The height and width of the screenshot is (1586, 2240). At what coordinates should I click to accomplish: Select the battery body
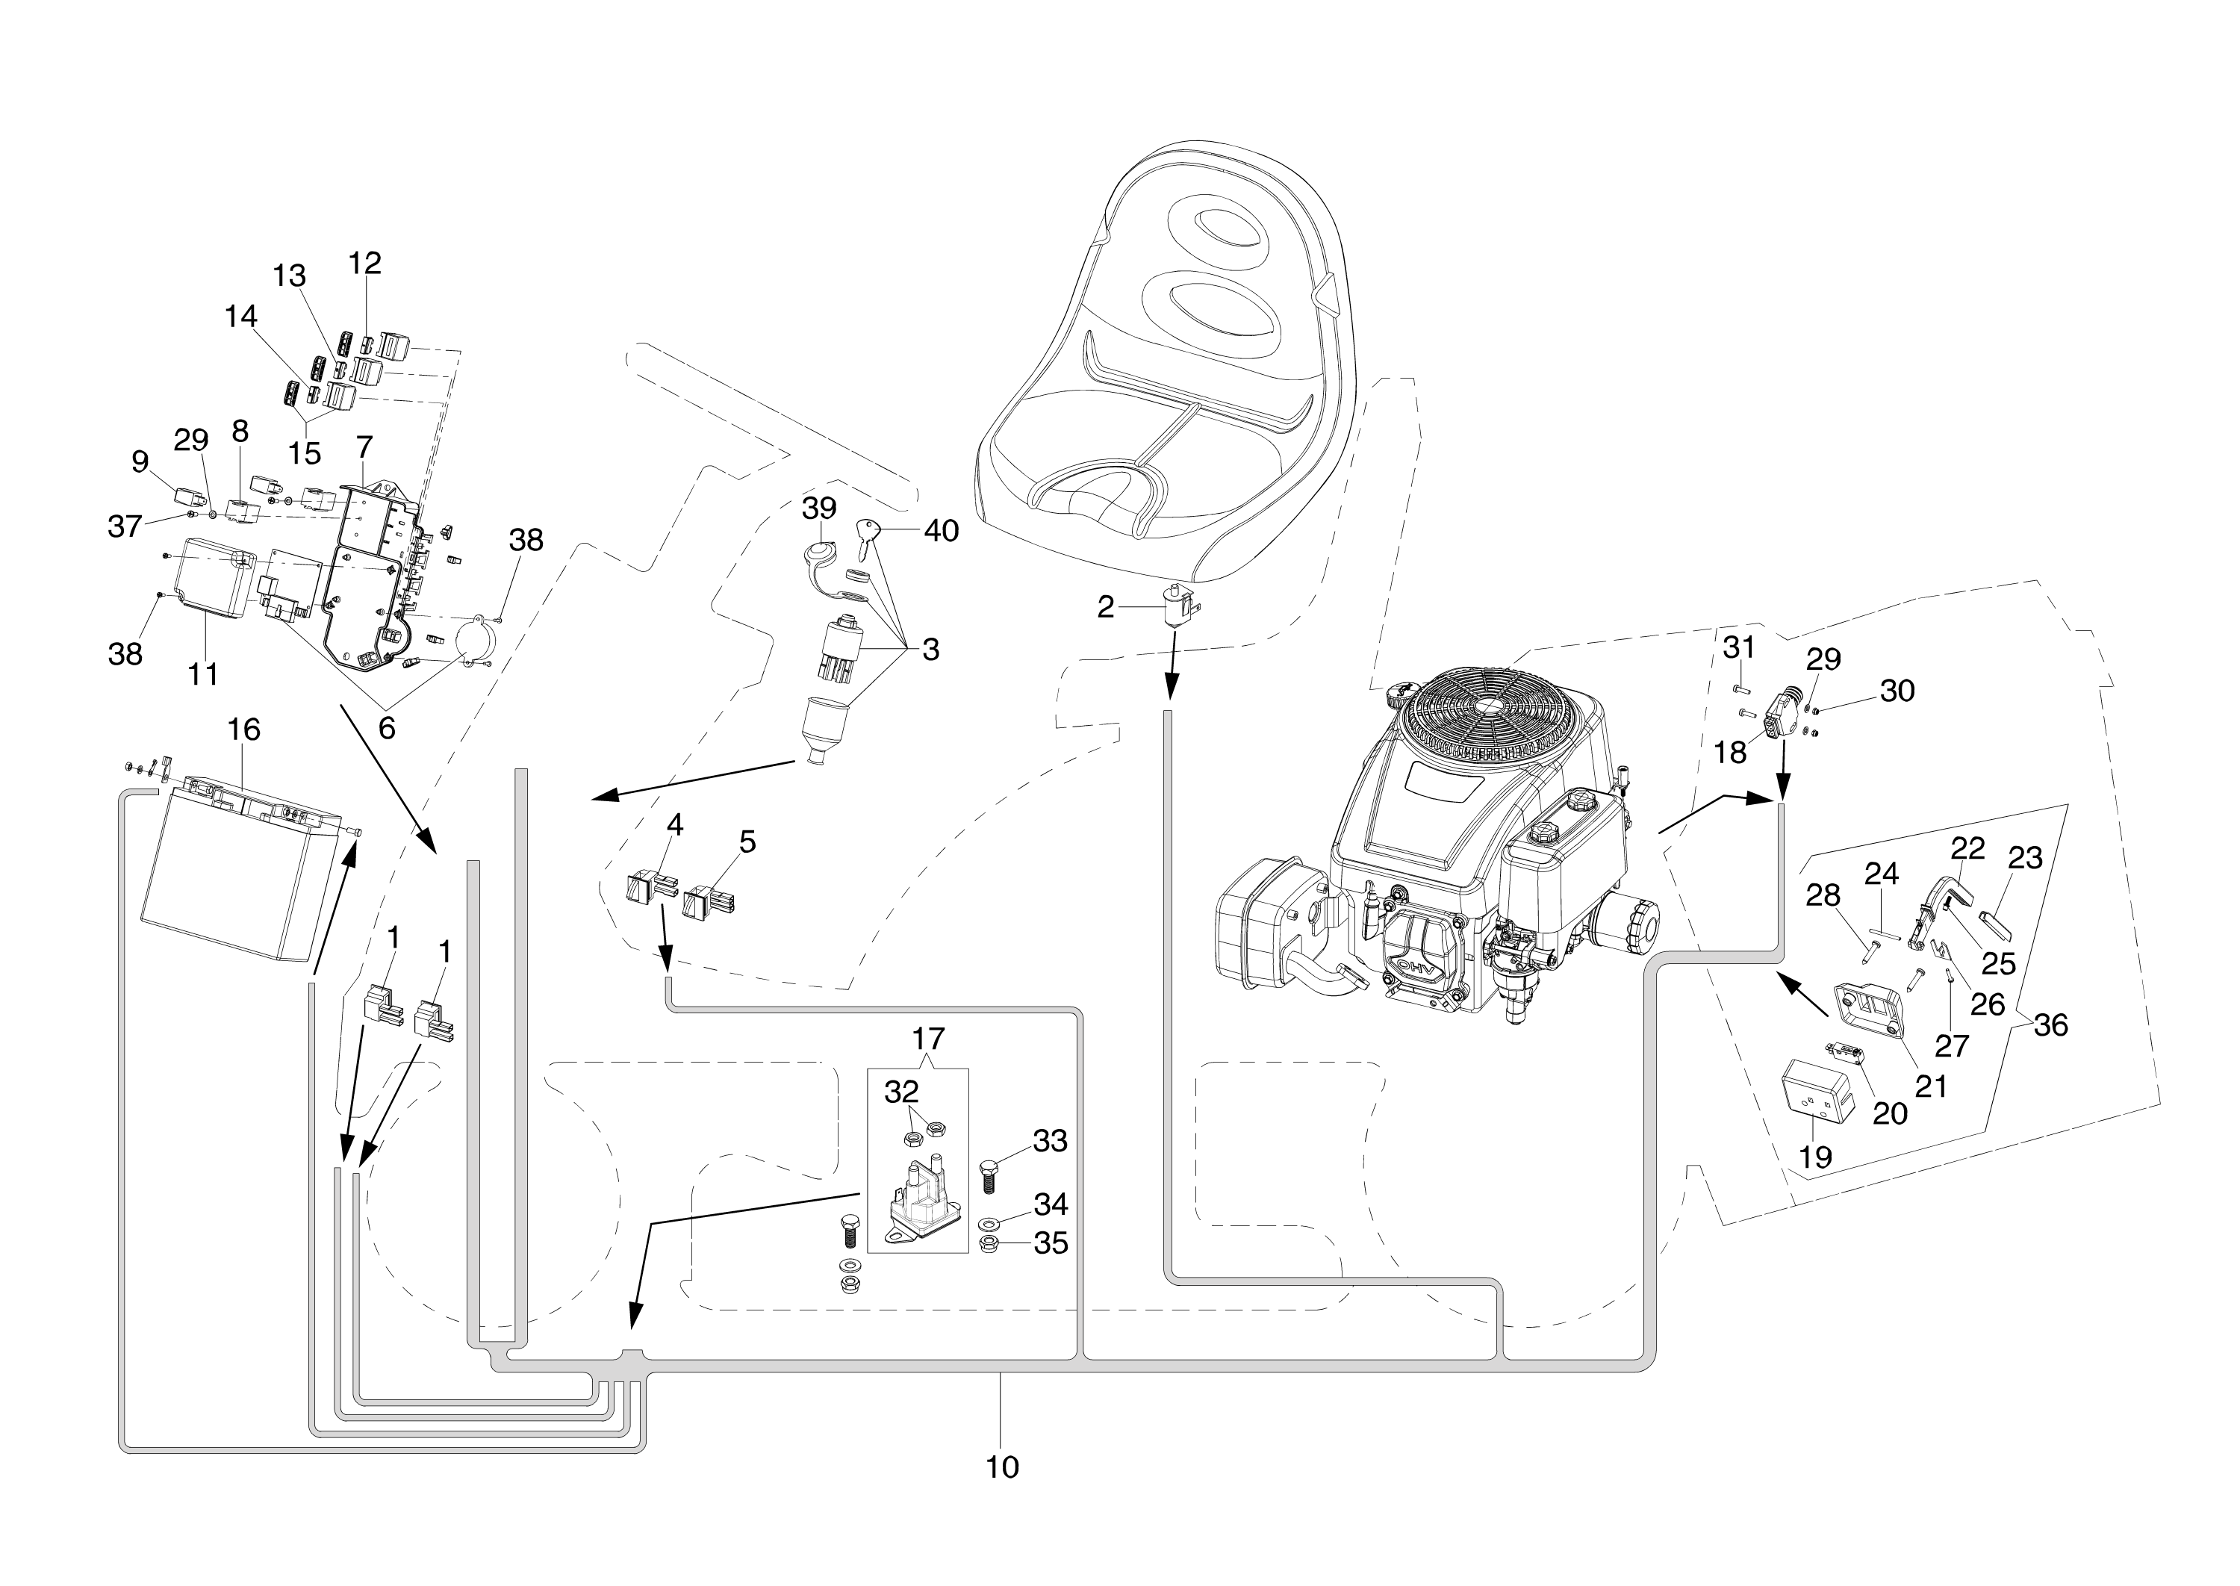tap(229, 879)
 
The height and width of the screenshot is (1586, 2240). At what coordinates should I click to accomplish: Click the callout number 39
tap(819, 508)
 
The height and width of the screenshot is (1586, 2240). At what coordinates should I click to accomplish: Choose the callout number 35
tap(1051, 1243)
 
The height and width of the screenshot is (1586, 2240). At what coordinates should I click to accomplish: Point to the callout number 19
tap(1815, 1157)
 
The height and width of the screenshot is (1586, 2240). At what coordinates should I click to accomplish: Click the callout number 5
tap(747, 842)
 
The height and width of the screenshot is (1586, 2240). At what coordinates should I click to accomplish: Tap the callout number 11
tap(203, 673)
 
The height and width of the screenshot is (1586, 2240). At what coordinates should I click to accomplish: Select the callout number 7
tap(364, 447)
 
